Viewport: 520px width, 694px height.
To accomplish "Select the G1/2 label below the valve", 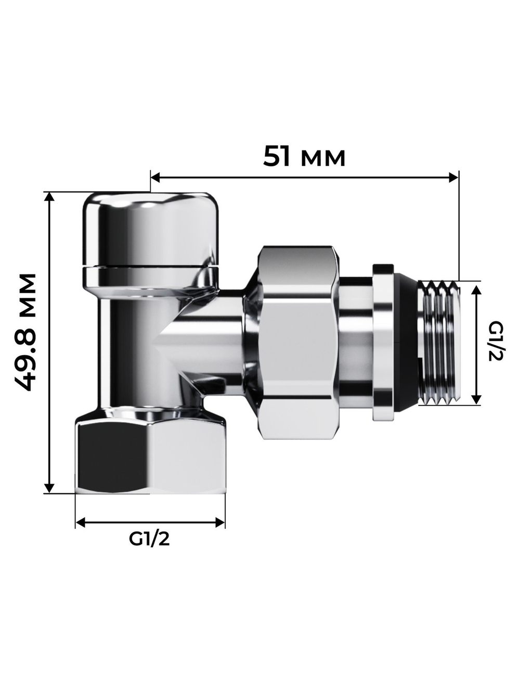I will [149, 539].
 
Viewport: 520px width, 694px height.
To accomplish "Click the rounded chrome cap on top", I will [150, 229].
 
